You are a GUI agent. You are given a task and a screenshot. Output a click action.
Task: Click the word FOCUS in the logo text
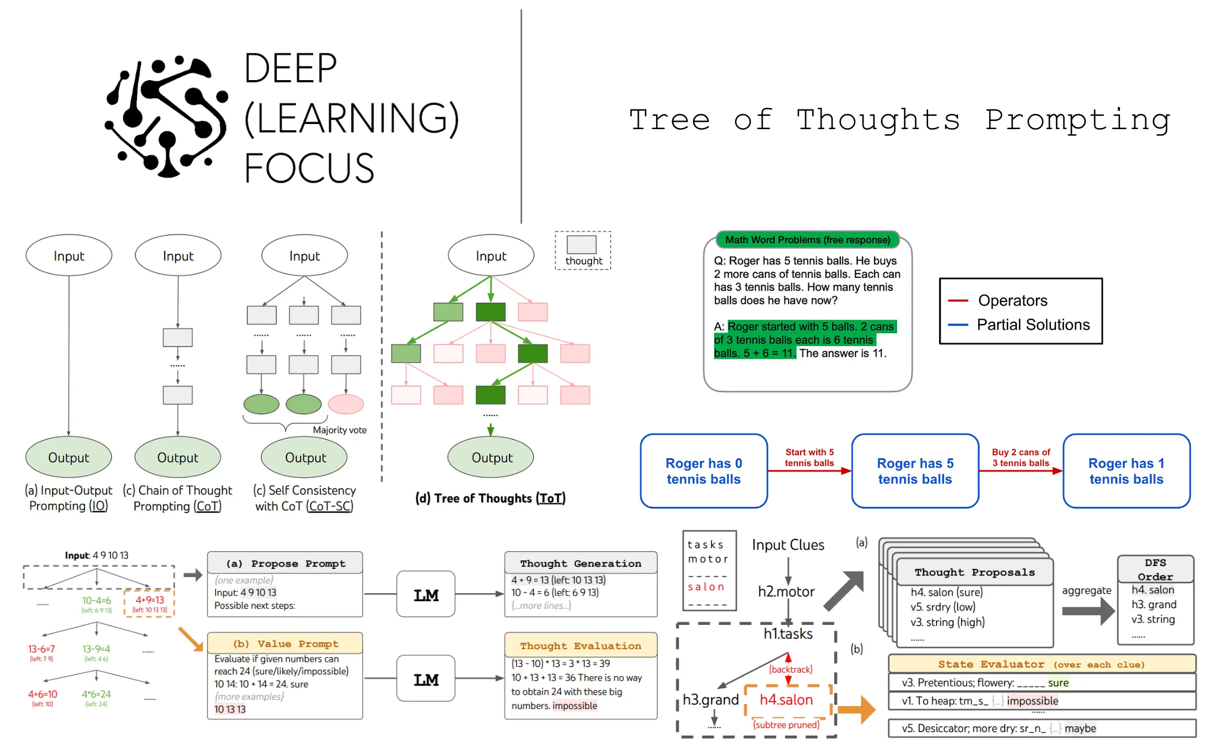(x=309, y=168)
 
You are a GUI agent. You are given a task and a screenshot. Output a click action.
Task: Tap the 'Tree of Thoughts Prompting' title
(x=899, y=120)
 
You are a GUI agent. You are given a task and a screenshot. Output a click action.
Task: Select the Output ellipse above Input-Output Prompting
(x=69, y=457)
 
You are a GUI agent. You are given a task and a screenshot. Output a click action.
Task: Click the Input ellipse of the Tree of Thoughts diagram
(x=491, y=256)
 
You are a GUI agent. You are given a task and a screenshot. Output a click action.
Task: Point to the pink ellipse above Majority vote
(x=346, y=404)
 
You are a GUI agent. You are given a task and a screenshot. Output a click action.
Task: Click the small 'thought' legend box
(x=582, y=250)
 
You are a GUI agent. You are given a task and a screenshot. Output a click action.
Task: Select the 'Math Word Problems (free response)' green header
(x=807, y=240)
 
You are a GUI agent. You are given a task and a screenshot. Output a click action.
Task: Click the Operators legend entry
(x=1012, y=300)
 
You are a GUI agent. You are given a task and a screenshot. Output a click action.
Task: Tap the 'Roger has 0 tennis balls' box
(x=703, y=471)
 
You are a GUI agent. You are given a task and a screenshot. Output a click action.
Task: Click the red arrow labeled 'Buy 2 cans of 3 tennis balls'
(x=1020, y=470)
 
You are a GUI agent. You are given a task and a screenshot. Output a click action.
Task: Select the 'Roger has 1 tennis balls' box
(x=1126, y=471)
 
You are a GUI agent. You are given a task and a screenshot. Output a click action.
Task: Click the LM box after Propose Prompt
(x=425, y=594)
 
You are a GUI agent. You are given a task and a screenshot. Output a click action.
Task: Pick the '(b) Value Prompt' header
(x=285, y=643)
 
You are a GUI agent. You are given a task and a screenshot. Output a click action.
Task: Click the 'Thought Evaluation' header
(x=580, y=646)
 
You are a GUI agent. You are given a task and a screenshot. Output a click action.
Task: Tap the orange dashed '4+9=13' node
(x=149, y=604)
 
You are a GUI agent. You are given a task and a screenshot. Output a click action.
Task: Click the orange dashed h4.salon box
(x=786, y=700)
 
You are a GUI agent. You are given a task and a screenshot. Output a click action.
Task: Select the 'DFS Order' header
(x=1155, y=569)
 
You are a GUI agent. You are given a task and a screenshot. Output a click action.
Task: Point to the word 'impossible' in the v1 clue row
(x=1032, y=701)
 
